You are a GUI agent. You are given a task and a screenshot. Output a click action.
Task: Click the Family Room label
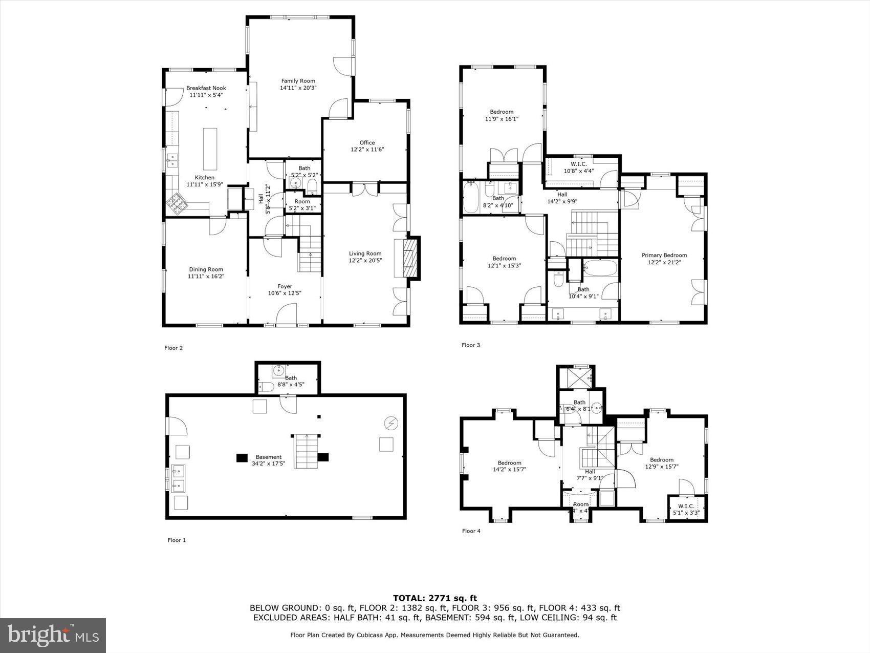[298, 81]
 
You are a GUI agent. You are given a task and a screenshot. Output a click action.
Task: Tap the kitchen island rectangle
[210, 149]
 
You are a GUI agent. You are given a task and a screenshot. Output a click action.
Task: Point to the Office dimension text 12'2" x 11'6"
[367, 150]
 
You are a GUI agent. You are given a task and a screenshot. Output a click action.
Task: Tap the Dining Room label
[206, 269]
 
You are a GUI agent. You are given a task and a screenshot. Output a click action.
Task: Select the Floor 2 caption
[173, 348]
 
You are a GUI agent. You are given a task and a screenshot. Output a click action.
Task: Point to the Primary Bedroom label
[664, 255]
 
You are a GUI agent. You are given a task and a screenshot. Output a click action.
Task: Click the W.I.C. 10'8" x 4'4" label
[579, 164]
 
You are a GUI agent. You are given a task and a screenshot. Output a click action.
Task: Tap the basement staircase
[306, 451]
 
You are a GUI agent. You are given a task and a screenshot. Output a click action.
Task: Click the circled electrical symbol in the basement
[391, 423]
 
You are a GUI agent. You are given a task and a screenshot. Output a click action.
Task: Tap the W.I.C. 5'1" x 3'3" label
[686, 506]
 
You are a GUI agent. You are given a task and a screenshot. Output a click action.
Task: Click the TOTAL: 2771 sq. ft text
[434, 598]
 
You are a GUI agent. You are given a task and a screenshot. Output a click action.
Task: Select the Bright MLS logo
[53, 636]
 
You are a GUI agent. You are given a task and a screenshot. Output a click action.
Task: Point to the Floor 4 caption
[471, 531]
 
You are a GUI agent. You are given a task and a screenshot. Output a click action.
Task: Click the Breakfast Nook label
[206, 88]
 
